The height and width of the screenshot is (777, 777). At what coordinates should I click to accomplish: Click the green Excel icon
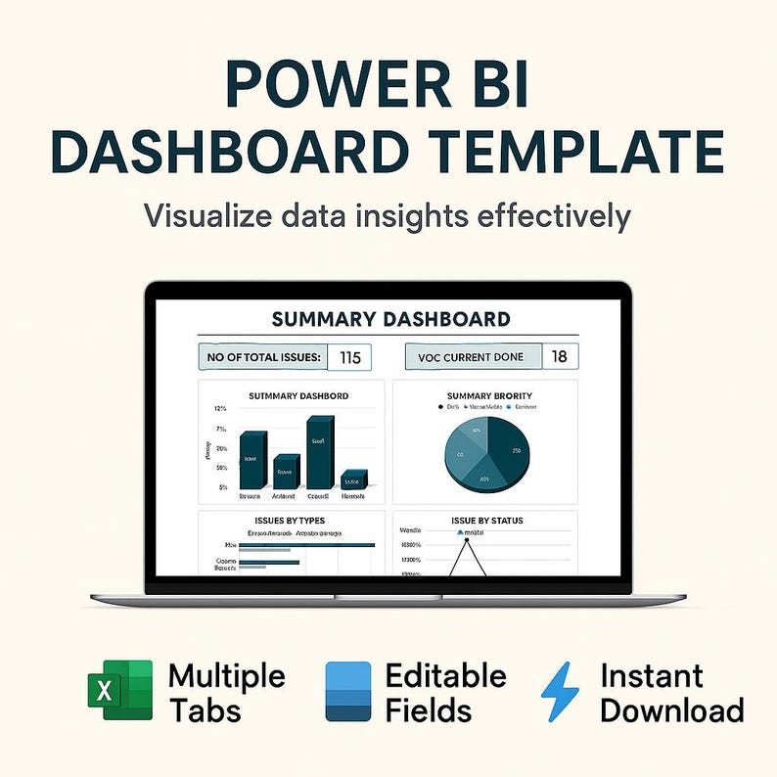click(x=119, y=690)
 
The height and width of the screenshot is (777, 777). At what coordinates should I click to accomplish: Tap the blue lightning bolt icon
click(x=560, y=691)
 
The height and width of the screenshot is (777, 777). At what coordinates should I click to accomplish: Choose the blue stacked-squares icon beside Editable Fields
click(x=348, y=691)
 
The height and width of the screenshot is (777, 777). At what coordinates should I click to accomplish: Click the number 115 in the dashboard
click(x=349, y=357)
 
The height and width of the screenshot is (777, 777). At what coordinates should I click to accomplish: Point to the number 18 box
click(x=560, y=356)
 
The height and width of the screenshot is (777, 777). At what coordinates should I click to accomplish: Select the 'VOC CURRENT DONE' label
click(x=471, y=357)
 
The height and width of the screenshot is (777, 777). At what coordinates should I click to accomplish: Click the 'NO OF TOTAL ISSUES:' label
click(x=264, y=357)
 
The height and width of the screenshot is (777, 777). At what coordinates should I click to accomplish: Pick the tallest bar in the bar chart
click(x=320, y=452)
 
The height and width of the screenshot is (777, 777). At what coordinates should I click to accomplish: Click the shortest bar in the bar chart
click(x=353, y=478)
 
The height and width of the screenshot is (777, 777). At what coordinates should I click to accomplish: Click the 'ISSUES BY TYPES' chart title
click(x=291, y=521)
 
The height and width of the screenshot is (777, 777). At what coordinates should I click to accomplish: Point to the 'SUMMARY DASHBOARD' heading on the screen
click(x=390, y=319)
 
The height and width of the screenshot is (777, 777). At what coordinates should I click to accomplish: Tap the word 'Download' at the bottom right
click(x=671, y=709)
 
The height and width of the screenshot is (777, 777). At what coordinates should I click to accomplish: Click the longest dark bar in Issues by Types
click(x=307, y=545)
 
